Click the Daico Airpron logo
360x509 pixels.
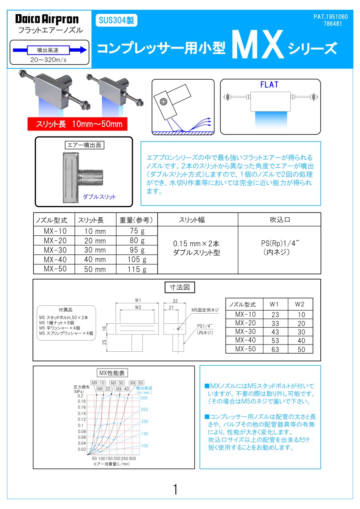47,19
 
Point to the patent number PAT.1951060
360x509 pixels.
330,17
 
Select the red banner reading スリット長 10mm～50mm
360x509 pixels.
77,124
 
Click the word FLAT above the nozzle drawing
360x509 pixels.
269,85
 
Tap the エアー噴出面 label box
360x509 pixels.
84,145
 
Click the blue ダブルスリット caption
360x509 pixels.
99,196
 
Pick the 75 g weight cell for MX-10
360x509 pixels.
136,231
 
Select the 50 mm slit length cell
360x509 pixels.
95,269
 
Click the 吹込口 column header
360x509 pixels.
279,220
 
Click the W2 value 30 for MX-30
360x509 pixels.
301,332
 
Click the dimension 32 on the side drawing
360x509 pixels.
174,301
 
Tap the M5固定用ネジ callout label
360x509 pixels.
205,310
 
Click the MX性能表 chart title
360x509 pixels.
112,373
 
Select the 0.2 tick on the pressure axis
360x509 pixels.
80,396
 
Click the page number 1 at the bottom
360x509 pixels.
175,489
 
